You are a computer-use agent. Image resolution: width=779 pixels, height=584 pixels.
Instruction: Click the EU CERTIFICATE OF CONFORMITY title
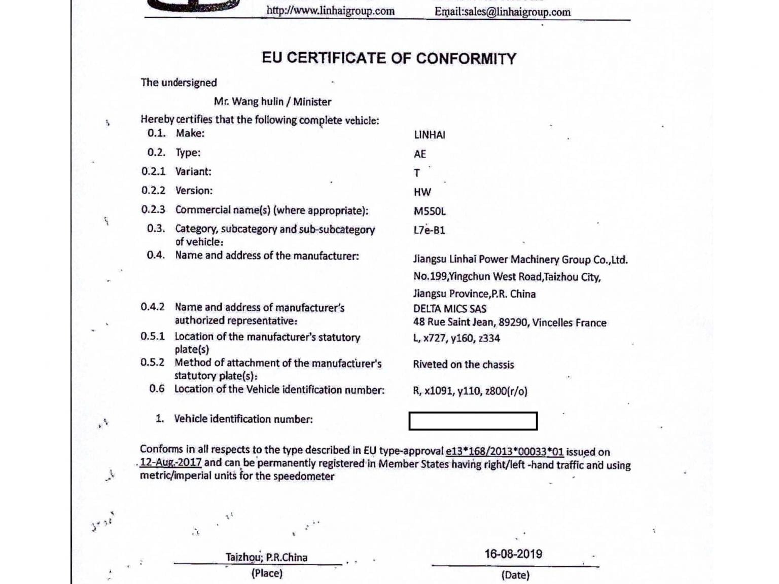(x=388, y=58)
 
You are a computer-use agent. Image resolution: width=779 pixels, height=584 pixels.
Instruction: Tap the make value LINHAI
(x=429, y=135)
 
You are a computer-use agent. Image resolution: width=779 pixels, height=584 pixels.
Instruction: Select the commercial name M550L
(x=430, y=211)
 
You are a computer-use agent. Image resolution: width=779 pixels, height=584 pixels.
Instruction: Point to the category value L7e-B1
(x=429, y=230)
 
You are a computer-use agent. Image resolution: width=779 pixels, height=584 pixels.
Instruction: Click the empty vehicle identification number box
(x=473, y=421)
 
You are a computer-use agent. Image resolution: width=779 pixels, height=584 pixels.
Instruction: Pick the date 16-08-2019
(x=513, y=554)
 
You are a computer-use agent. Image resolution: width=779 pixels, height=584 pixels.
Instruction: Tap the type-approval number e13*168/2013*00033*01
(x=504, y=451)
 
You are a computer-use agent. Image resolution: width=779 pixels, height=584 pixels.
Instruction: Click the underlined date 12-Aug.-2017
(x=171, y=462)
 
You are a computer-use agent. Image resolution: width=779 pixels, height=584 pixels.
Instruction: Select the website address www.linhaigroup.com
(x=330, y=11)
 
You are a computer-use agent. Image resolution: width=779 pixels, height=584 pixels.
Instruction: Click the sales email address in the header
(x=502, y=12)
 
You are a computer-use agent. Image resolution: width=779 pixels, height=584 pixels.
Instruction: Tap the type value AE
(x=420, y=154)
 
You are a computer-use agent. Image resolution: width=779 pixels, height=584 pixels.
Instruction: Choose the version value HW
(x=422, y=192)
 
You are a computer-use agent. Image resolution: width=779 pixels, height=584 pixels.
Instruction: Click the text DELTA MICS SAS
(x=449, y=309)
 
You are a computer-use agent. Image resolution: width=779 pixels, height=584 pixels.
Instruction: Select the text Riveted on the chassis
(x=463, y=364)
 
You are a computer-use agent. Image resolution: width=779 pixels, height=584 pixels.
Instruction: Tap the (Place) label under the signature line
(x=267, y=573)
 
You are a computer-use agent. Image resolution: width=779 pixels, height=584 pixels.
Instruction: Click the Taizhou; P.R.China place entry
(x=266, y=557)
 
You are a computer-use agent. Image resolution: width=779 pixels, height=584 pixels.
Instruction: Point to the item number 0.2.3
(x=153, y=209)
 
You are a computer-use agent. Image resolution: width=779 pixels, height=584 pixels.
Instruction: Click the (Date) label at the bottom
(x=515, y=575)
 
